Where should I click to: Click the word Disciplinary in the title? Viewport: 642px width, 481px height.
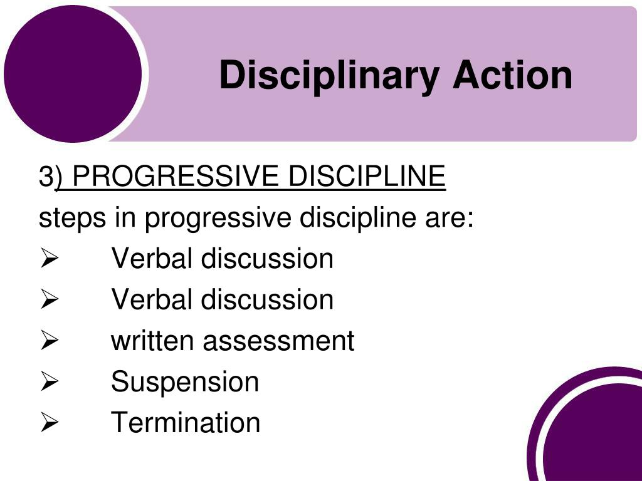click(329, 76)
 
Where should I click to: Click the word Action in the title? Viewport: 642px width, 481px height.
click(512, 75)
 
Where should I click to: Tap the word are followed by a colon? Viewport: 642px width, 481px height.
click(451, 219)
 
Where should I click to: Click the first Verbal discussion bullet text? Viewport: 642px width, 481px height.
click(222, 259)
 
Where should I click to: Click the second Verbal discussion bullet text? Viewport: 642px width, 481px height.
click(222, 299)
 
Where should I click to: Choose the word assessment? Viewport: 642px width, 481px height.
click(278, 341)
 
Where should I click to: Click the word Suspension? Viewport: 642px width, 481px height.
click(185, 382)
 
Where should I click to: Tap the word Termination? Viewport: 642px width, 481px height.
click(186, 423)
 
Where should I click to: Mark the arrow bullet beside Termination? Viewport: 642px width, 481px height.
click(49, 423)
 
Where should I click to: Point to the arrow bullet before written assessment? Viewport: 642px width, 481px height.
click(49, 342)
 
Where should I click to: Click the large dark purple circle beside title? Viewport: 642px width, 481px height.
click(73, 74)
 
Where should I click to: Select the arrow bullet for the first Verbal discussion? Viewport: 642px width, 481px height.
click(49, 259)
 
